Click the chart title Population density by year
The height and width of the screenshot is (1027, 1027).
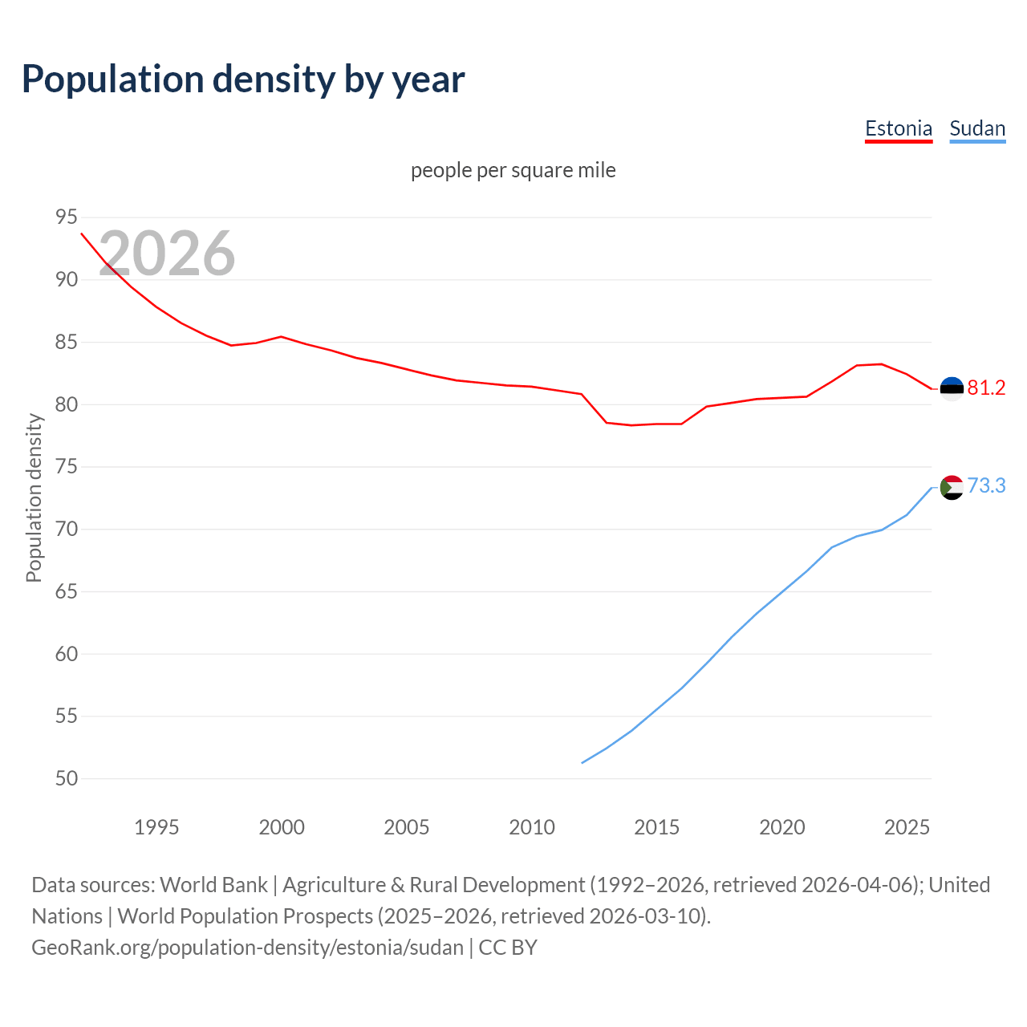[243, 79]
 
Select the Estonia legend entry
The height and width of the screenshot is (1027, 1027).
[898, 128]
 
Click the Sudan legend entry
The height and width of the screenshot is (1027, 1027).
[976, 128]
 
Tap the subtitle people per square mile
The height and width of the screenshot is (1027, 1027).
[513, 170]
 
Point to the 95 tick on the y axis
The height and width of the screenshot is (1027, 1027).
[67, 217]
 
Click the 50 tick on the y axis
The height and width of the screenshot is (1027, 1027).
[67, 778]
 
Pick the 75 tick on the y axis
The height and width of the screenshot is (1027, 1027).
[67, 467]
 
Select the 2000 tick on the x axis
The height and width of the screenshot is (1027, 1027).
[281, 827]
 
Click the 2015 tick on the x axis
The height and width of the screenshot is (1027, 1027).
[656, 827]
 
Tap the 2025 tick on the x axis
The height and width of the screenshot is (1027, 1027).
[907, 827]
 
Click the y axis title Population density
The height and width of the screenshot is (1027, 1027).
[34, 497]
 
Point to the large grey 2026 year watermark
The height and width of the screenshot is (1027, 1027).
[167, 254]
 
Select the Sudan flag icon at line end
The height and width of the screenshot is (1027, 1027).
[952, 487]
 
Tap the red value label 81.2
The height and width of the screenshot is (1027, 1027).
[986, 388]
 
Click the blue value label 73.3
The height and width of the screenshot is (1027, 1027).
[986, 486]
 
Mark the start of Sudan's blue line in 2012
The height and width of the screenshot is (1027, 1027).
[583, 762]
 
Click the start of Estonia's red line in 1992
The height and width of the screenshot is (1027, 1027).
[82, 233]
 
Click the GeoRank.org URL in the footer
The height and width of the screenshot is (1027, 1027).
[247, 948]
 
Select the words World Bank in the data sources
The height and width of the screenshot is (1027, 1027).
[213, 885]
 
